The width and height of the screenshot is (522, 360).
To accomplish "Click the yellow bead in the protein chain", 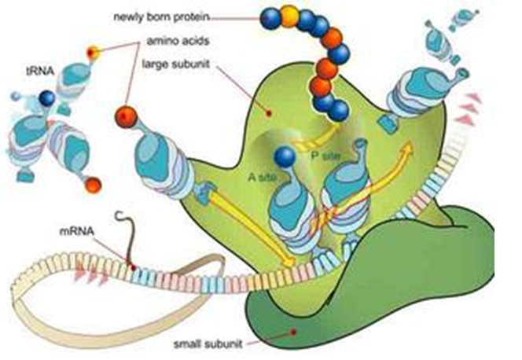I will click(289, 15).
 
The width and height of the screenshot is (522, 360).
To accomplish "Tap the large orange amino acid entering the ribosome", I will click(127, 117).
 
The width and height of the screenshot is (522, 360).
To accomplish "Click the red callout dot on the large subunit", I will click(269, 113).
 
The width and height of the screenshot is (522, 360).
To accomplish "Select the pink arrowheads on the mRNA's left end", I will click(91, 274).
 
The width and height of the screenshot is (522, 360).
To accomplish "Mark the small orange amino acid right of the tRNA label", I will click(93, 53).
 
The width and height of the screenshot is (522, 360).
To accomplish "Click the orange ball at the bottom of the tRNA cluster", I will click(93, 185).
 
